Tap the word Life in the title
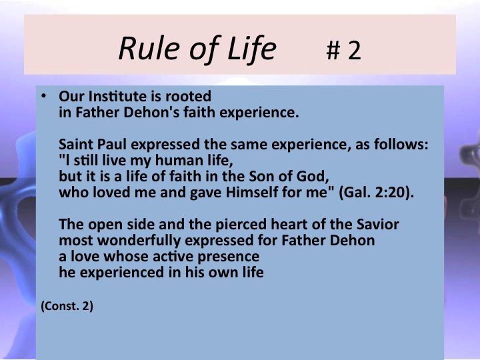coord(251,49)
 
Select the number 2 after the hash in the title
coord(355,50)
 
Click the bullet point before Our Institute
coord(44,96)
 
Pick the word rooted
coord(188,97)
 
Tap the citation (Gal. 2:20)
coord(376,193)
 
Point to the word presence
coord(229,257)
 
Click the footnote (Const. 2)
coord(67,306)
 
